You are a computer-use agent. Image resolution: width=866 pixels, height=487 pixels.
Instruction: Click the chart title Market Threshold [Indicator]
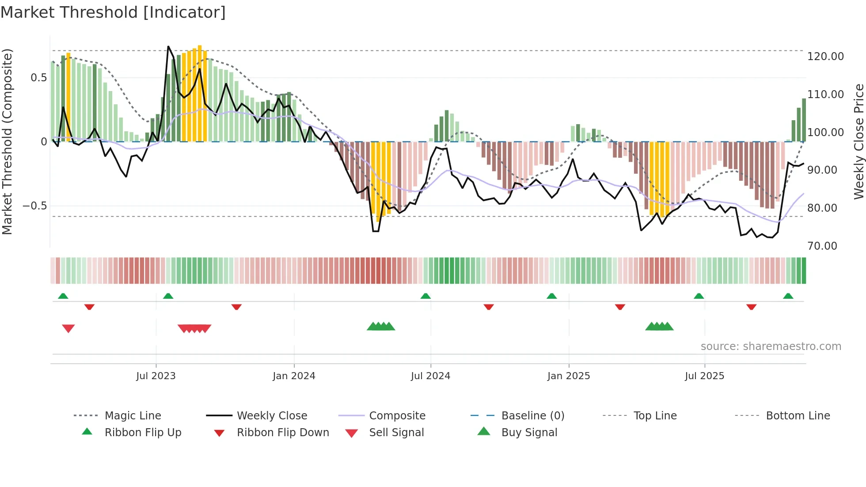(x=113, y=12)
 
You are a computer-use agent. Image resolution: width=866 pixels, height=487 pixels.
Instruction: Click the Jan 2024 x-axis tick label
(x=294, y=376)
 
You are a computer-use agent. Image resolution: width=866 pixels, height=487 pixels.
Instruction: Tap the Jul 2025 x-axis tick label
(x=704, y=376)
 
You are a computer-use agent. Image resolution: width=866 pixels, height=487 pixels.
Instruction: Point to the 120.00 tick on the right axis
(x=825, y=57)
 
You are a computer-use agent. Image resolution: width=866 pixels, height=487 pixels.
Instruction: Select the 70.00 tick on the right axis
(x=822, y=246)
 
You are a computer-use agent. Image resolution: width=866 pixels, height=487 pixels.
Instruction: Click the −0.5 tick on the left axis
(x=34, y=206)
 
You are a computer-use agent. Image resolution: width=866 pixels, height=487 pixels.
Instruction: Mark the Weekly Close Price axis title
(x=858, y=141)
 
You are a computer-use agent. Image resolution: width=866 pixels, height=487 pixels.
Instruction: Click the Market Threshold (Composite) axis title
(x=7, y=141)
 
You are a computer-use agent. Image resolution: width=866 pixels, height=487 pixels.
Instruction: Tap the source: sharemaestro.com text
(x=771, y=346)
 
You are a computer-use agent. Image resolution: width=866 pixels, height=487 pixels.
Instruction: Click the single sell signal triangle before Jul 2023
(x=68, y=328)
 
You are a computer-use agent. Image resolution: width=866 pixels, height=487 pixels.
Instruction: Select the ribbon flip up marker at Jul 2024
(x=425, y=296)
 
